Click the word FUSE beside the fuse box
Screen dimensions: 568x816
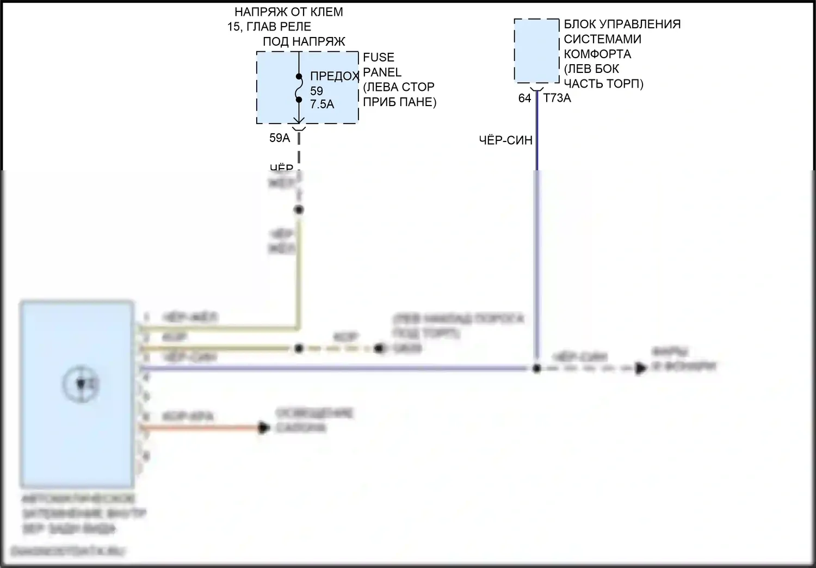379,57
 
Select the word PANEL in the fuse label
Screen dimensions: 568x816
382,72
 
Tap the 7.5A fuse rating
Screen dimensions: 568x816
322,104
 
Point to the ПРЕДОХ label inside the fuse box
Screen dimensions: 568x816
335,76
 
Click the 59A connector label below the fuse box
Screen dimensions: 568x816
280,138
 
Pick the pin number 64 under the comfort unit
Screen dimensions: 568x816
524,98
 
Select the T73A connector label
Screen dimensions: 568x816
557,98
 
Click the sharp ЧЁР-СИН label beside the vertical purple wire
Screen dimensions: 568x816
505,140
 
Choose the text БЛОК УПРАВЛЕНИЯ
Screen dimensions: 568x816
622,24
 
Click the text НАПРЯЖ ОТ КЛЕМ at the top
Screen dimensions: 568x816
289,12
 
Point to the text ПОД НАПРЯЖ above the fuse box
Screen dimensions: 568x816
304,42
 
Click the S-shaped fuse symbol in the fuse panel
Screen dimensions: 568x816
299,88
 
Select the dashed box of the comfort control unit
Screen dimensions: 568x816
536,51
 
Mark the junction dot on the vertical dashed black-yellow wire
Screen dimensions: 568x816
299,209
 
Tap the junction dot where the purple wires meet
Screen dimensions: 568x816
536,368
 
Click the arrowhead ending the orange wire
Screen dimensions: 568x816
264,428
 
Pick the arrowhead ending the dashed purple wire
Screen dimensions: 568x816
641,368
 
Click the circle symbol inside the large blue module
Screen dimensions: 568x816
81,384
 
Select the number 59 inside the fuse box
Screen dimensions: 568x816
317,91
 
